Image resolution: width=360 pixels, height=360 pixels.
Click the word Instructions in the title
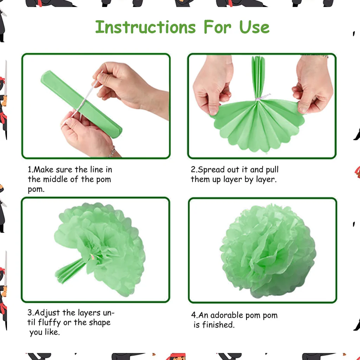(145, 27)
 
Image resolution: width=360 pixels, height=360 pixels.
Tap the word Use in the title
(254, 27)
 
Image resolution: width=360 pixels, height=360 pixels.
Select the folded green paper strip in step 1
(81, 104)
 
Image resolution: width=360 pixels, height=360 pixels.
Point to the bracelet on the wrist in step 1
(112, 152)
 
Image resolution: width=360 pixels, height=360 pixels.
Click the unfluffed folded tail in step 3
(70, 271)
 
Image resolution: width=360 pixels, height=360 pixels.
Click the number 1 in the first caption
(30, 169)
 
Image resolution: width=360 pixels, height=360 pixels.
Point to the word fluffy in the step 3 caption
(50, 322)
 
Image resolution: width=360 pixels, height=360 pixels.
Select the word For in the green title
(217, 27)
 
